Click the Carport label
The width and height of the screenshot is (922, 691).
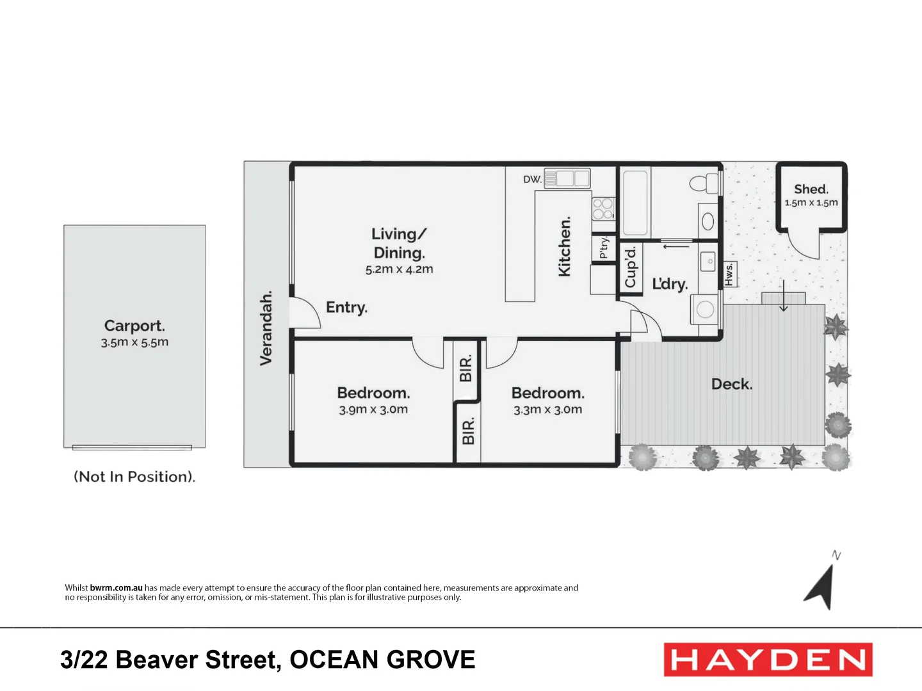[134, 326]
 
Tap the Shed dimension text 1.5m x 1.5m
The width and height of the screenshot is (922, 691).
[811, 203]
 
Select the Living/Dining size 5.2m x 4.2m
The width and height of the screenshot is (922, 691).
[399, 269]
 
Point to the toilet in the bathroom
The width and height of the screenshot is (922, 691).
[705, 183]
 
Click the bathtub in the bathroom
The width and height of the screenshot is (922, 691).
[635, 202]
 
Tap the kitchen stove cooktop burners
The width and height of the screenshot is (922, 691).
[603, 209]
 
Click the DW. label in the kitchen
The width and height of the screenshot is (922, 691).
[532, 179]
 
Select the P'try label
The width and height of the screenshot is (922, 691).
[604, 248]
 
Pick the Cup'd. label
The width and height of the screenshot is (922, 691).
[631, 267]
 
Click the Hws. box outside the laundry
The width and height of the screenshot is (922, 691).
[729, 274]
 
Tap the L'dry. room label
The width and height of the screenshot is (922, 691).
[670, 284]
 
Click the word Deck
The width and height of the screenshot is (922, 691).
[732, 384]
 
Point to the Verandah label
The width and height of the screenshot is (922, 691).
[266, 328]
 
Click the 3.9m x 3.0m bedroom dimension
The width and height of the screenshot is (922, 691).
[373, 409]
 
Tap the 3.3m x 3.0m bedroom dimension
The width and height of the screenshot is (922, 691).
[547, 409]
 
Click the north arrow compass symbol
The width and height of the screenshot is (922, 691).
[821, 585]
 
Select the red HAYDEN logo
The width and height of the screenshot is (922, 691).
[768, 660]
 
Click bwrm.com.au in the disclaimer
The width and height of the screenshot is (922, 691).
[116, 587]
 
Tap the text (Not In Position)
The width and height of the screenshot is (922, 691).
[134, 477]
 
